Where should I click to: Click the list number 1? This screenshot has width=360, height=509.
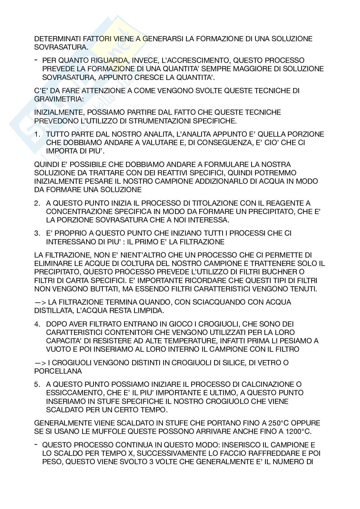click(37, 134)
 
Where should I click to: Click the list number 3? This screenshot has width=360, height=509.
click(37, 233)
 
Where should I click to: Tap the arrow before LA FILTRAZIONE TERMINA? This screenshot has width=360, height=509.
click(40, 302)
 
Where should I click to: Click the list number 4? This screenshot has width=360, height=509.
click(37, 324)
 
